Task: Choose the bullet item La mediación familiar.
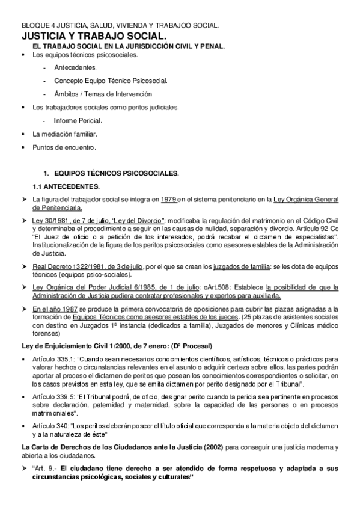tap(64, 134)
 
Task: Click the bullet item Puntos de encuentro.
tap(64, 147)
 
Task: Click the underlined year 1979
tap(169, 199)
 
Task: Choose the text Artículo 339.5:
tap(55, 399)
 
